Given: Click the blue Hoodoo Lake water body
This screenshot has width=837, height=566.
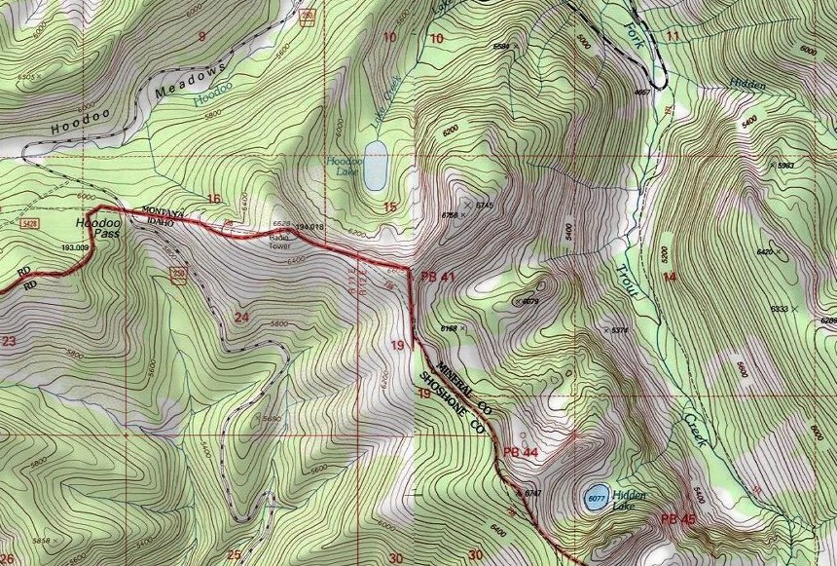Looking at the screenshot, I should click(374, 165).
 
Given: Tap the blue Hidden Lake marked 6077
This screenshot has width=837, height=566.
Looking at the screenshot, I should click(596, 498).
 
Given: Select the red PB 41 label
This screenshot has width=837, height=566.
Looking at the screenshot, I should click(439, 278).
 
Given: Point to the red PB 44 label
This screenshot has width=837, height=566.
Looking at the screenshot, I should click(521, 453).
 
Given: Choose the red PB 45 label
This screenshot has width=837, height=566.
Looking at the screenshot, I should click(677, 519).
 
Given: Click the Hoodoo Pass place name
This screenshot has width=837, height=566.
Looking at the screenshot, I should click(95, 228).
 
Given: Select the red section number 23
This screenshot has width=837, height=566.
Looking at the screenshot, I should click(10, 341).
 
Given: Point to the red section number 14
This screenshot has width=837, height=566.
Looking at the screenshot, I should click(669, 278).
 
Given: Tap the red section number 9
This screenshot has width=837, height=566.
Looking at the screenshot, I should click(201, 37).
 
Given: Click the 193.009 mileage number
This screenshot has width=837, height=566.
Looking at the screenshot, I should click(75, 248).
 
